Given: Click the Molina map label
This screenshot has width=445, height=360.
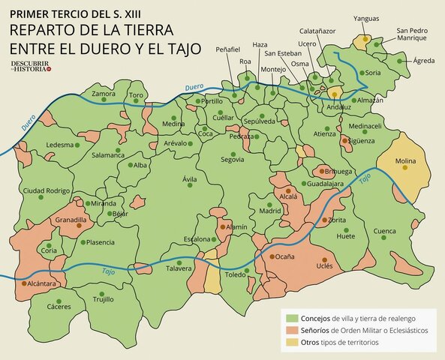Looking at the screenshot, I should (x=405, y=160).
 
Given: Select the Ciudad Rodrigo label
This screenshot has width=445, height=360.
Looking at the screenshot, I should (x=46, y=191).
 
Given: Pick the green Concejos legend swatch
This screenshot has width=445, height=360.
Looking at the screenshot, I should (x=293, y=319).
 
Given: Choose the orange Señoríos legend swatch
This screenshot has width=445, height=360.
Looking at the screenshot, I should (x=293, y=331).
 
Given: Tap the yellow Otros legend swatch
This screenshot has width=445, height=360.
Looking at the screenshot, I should (x=293, y=343).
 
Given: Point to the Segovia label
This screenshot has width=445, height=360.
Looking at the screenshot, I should (x=233, y=160).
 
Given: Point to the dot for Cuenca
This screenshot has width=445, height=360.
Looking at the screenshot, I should (x=385, y=238).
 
